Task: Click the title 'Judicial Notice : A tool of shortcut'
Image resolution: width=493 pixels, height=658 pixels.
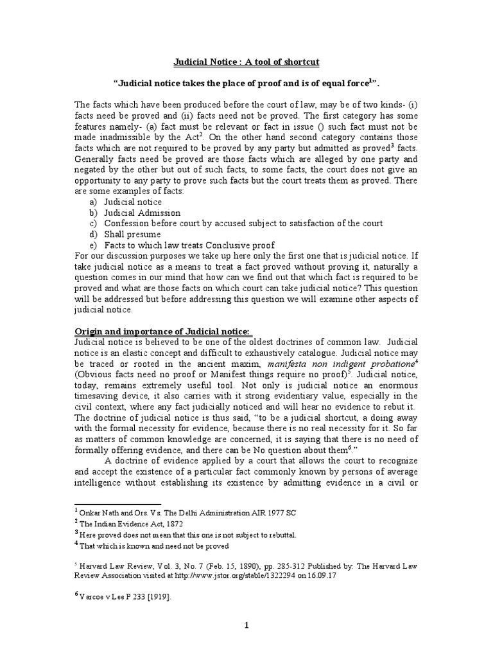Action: pos(247,62)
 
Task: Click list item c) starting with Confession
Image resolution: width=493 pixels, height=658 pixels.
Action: pos(243,223)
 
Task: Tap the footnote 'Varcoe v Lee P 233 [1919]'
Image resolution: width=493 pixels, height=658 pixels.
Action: pos(126,596)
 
